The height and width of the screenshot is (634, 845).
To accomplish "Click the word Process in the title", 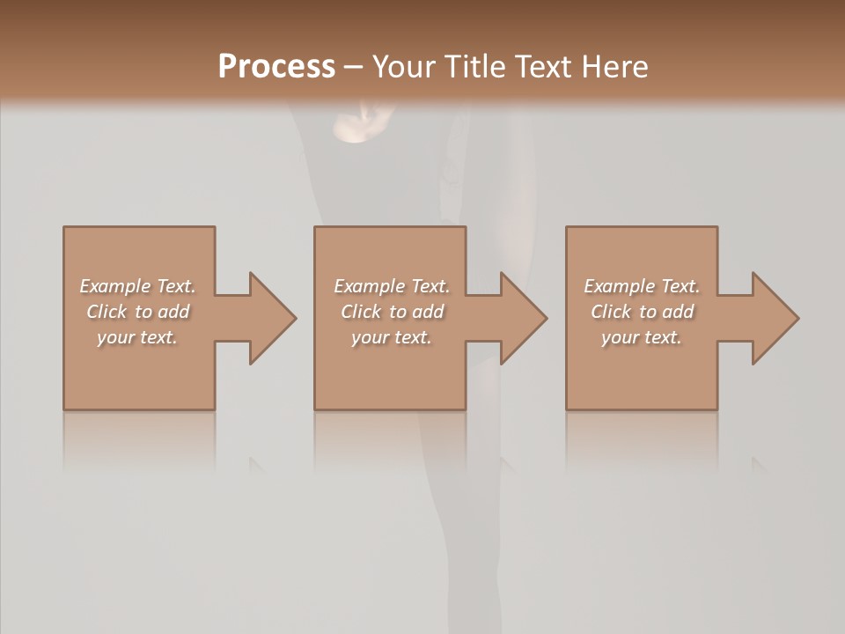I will pyautogui.click(x=276, y=67).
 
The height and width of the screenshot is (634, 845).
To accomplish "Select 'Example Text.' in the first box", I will pyautogui.click(x=137, y=286).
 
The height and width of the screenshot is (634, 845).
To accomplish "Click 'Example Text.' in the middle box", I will pyautogui.click(x=391, y=286).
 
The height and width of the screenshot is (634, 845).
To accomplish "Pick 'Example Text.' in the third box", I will pyautogui.click(x=642, y=286).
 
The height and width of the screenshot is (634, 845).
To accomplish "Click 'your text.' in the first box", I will pyautogui.click(x=137, y=337).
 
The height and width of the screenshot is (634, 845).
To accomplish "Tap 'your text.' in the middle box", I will pyautogui.click(x=391, y=337).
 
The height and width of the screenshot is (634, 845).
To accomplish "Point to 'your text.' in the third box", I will pyautogui.click(x=642, y=337).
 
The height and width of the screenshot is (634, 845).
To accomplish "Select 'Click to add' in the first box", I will pyautogui.click(x=137, y=312).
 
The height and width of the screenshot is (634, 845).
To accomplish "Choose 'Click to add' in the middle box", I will pyautogui.click(x=391, y=312).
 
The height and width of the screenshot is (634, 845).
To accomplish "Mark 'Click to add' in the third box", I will pyautogui.click(x=642, y=312).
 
